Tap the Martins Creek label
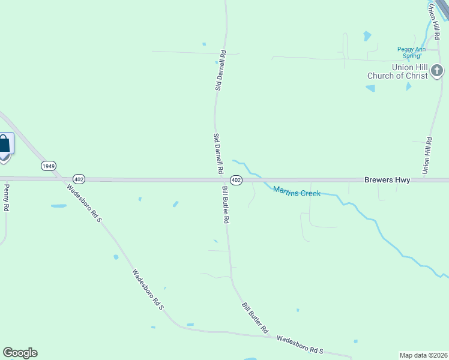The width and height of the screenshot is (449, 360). pos(297,191)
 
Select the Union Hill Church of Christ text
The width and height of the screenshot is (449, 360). pos(397,71)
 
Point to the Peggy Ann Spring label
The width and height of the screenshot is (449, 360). pos(411,52)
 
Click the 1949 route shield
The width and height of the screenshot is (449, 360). pos(49,165)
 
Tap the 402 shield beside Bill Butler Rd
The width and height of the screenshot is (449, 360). pos(236,180)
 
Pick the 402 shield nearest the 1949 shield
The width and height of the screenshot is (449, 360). pos(79,179)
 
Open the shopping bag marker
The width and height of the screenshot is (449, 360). pos(4,144)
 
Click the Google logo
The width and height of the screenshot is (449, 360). pos(20,353)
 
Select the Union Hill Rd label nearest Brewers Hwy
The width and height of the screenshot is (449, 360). pos(427,156)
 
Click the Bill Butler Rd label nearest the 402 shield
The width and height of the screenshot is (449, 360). pos(226,205)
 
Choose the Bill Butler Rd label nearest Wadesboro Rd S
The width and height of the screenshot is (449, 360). pos(255,318)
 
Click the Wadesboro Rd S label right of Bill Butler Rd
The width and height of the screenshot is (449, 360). pos(300,344)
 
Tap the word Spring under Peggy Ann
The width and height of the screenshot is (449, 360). pos(411,56)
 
